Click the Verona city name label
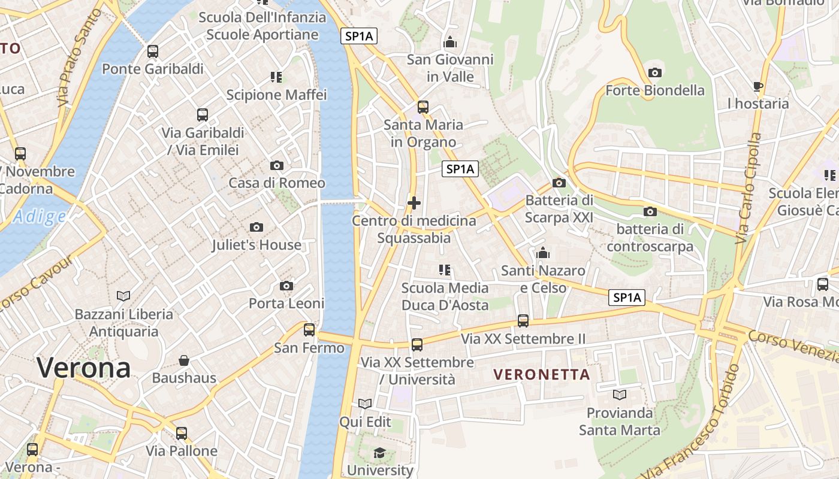[x=84, y=367]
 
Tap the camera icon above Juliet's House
[x=256, y=227]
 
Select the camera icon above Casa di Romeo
[x=276, y=165]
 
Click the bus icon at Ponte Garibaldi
[x=153, y=51]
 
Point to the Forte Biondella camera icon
[x=655, y=72]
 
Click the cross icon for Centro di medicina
[x=414, y=203]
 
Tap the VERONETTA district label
[x=542, y=375]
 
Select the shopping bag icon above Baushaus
[x=184, y=360]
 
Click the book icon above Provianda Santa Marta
[x=619, y=395]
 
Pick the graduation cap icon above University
[x=379, y=453]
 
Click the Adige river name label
[x=39, y=217]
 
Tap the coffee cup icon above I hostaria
[x=758, y=86]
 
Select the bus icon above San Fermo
[x=309, y=330]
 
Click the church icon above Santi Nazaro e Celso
[x=543, y=253]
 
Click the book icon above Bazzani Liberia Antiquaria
[x=123, y=296]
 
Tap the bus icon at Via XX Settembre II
[x=523, y=321]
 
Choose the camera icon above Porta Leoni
[x=286, y=286]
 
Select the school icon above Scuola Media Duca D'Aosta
[x=445, y=270]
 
